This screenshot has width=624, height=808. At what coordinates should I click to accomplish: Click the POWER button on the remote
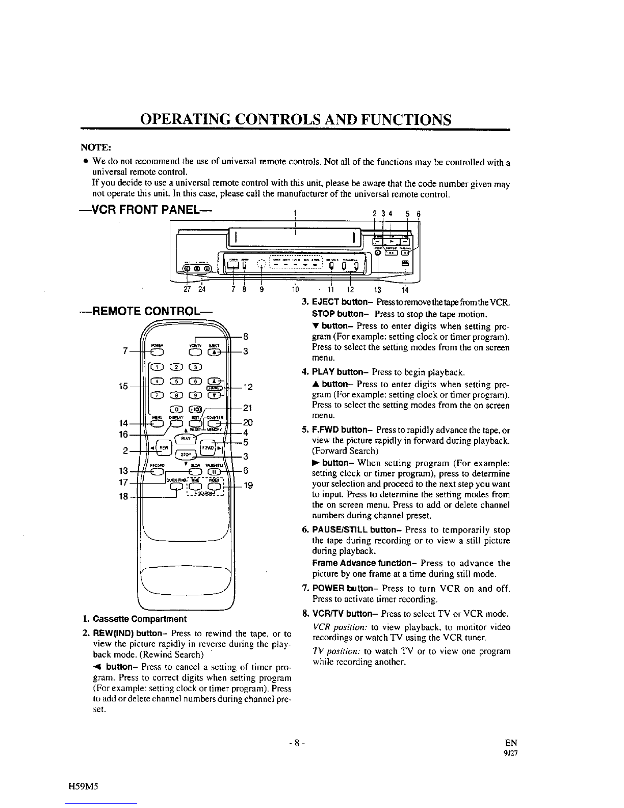(157, 351)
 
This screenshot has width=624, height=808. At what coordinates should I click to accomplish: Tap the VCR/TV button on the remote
(195, 351)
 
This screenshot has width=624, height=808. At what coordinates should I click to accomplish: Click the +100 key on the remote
(195, 409)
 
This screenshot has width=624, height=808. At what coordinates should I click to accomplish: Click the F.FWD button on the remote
(208, 448)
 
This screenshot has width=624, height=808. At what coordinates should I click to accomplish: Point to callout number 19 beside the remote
(248, 486)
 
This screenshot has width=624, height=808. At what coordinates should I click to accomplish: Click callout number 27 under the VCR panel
(187, 292)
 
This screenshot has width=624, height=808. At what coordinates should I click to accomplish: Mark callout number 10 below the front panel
(294, 292)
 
